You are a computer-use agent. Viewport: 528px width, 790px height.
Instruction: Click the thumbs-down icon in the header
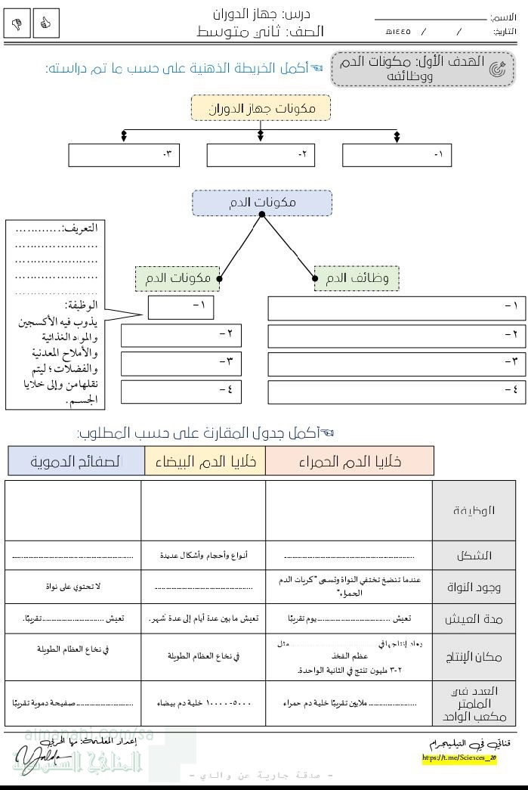[x=17, y=24]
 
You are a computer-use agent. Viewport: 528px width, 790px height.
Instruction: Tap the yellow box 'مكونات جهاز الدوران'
[x=261, y=108]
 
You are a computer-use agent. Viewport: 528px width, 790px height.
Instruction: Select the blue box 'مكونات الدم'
[x=261, y=203]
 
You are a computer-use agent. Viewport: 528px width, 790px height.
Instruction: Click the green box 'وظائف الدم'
[x=357, y=278]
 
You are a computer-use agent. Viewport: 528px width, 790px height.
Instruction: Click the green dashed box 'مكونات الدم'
[x=178, y=278]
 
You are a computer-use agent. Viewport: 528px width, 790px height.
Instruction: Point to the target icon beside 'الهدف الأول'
[x=497, y=70]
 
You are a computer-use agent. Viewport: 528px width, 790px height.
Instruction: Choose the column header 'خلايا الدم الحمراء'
[x=350, y=461]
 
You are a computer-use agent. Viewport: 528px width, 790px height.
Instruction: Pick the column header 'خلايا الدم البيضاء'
[x=205, y=461]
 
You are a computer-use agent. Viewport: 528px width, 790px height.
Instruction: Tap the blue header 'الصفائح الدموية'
[x=76, y=461]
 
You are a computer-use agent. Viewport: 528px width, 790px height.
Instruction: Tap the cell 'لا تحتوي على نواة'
[x=73, y=587]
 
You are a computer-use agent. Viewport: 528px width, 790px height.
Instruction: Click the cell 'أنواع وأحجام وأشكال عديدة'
[x=203, y=556]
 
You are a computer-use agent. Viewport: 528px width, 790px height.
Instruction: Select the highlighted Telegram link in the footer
[x=459, y=757]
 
